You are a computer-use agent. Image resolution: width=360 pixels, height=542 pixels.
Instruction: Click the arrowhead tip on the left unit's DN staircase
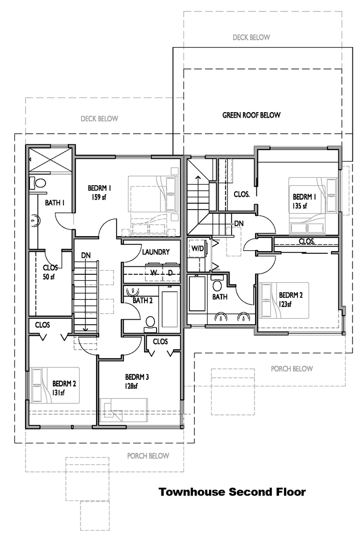point(84,331)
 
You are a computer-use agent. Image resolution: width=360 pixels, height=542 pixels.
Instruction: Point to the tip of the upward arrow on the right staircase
point(198,176)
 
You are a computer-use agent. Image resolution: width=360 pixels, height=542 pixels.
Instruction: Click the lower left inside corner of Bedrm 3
point(99,424)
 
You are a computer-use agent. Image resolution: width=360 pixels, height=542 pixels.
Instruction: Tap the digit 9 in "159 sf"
point(95,197)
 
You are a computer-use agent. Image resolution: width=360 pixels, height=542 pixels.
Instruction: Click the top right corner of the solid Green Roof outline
point(352,48)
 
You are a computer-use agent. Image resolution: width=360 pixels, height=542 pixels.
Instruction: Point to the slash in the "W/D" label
point(198,248)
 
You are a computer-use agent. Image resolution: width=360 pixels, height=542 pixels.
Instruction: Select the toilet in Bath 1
point(38,183)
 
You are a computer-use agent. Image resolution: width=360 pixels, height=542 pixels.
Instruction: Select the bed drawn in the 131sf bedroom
point(55,385)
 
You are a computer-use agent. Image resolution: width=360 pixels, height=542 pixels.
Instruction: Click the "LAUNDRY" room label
point(156,252)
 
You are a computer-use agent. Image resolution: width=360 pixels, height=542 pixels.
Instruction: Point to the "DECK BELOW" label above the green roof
point(251,38)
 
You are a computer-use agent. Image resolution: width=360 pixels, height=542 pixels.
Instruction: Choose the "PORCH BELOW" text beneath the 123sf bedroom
point(291,369)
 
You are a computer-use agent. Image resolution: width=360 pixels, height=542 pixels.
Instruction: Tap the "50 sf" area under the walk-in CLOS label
point(48,277)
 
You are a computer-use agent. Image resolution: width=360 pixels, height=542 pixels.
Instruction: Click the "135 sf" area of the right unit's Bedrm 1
point(300,206)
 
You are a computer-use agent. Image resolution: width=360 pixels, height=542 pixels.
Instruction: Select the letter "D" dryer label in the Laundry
point(170,273)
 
